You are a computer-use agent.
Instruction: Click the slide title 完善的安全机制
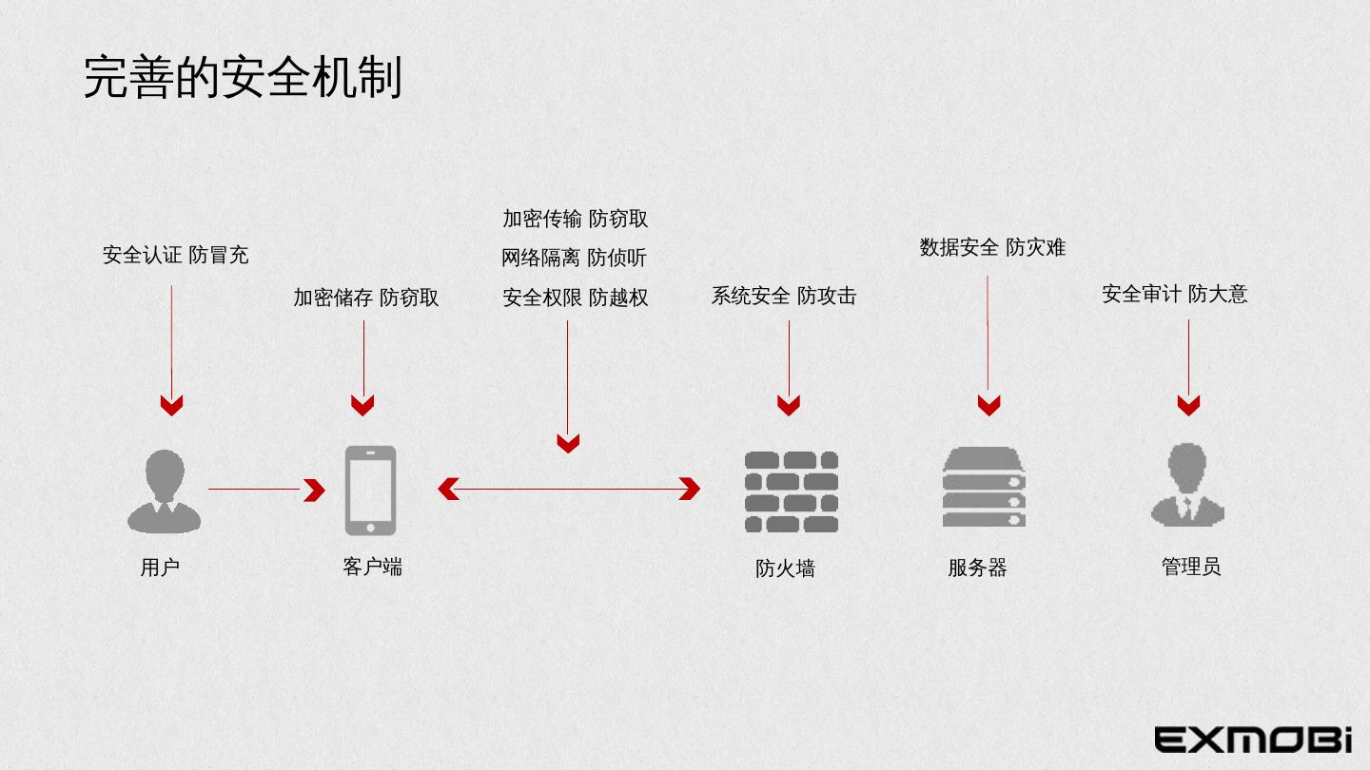[243, 77]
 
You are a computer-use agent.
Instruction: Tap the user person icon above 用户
[165, 491]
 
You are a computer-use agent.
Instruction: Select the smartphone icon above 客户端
[370, 490]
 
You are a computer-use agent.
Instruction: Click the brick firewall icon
[791, 491]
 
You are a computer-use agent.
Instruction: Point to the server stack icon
[984, 487]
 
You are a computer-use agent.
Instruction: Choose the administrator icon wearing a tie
[1186, 486]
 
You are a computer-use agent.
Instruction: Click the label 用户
[160, 568]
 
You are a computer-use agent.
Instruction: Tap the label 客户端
[372, 567]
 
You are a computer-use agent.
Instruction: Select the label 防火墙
[785, 568]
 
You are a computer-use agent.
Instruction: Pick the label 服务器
[977, 568]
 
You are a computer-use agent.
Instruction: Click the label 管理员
[1191, 567]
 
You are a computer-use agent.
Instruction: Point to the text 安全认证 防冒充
[175, 255]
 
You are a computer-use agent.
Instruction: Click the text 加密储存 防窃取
[365, 298]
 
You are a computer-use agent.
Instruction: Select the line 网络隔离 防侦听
[575, 258]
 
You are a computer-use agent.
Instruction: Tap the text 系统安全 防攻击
[784, 296]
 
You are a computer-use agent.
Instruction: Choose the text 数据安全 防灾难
[992, 247]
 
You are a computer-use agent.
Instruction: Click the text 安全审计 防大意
[1174, 294]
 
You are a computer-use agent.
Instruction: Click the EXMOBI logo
[1253, 739]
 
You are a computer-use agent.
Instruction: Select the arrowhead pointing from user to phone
[314, 490]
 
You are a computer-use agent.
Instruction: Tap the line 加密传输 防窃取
[575, 219]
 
